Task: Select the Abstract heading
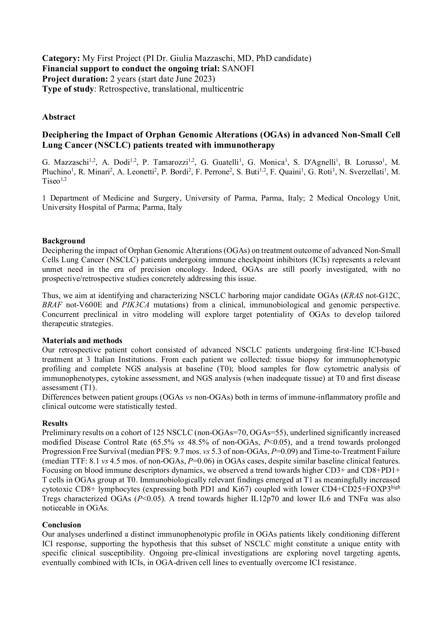coord(59,117)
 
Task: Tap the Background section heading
coord(63,241)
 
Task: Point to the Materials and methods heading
coord(82,341)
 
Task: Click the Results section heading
coord(55,423)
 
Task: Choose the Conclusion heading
coord(62,525)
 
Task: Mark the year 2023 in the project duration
coord(205,79)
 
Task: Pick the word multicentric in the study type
coord(222,89)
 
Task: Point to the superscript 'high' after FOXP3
coord(396,487)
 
